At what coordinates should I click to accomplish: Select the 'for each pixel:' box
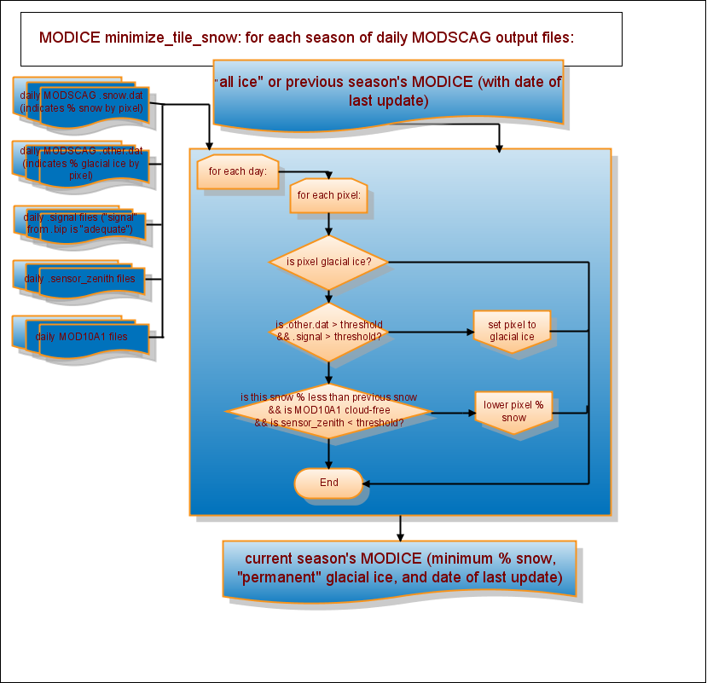(x=328, y=195)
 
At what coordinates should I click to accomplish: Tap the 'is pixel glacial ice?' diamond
(x=329, y=261)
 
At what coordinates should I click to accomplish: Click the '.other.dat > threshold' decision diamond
(x=329, y=331)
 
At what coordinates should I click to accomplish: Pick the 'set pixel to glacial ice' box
(x=512, y=331)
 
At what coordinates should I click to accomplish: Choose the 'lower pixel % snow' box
(x=513, y=412)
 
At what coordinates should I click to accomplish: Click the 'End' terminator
(x=329, y=483)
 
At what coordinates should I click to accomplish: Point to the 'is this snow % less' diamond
(x=329, y=409)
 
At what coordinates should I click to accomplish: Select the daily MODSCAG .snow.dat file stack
(x=82, y=103)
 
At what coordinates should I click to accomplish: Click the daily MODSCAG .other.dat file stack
(x=82, y=163)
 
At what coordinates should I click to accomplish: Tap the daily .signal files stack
(x=82, y=223)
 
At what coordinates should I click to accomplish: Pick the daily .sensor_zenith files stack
(x=82, y=279)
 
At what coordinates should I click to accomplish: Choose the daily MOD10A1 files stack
(x=82, y=336)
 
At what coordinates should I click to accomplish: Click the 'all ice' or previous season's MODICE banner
(x=388, y=91)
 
